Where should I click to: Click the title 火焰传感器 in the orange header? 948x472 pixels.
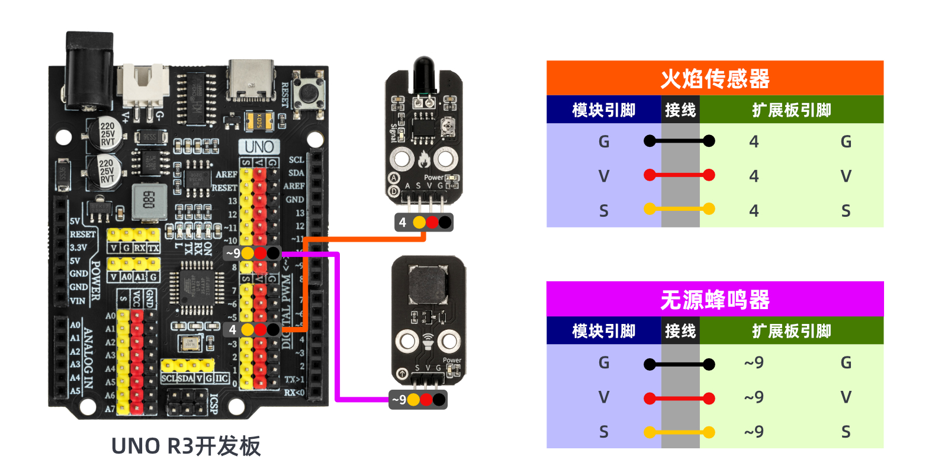(x=715, y=78)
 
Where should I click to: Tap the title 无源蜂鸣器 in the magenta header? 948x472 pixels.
(x=715, y=300)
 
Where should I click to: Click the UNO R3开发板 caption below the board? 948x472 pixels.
(x=186, y=446)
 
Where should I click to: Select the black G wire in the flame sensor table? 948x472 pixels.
(x=679, y=141)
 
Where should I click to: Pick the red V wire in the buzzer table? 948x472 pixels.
(x=679, y=399)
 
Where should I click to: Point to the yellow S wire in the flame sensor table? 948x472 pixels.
(x=679, y=209)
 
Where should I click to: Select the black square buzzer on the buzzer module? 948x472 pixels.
(x=428, y=284)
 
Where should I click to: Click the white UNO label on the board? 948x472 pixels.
(x=259, y=147)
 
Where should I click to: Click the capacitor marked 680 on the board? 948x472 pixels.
(x=149, y=200)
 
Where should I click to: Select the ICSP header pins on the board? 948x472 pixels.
(x=187, y=402)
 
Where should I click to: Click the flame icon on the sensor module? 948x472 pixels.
(x=424, y=159)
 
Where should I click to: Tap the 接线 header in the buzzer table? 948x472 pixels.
(x=680, y=331)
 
